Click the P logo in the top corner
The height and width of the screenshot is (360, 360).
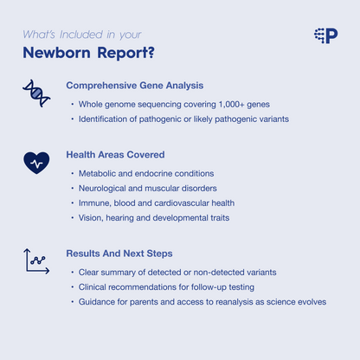tap(326, 35)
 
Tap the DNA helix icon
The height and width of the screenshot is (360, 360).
tap(36, 93)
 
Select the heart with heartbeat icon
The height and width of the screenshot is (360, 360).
tap(36, 162)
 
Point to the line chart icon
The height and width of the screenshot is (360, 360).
tap(36, 260)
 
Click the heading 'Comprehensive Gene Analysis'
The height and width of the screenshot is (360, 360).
tap(134, 86)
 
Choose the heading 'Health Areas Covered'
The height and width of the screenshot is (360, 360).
tap(115, 155)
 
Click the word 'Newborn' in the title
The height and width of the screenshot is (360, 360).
tap(60, 53)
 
